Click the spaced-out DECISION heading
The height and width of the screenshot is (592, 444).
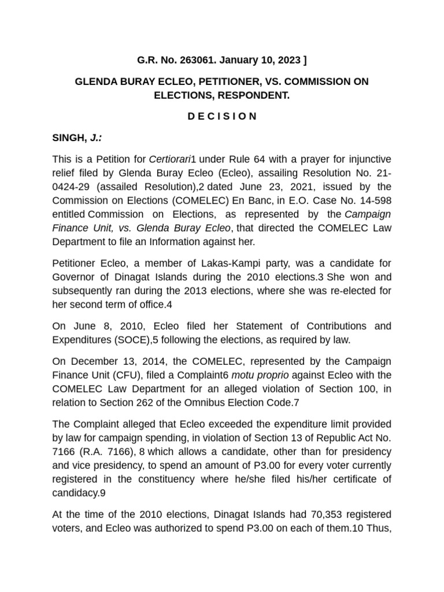click(x=222, y=116)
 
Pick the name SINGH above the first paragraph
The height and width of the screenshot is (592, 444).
click(x=68, y=138)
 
